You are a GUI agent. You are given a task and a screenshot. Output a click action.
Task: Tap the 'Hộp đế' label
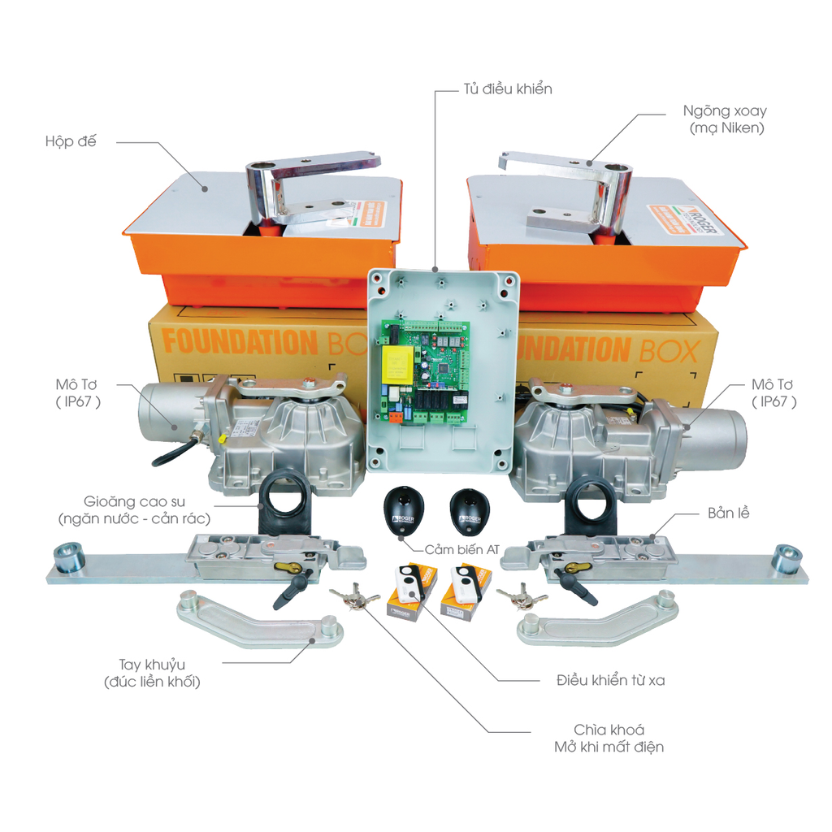[71, 141]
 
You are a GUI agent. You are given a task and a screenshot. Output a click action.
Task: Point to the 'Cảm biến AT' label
[461, 549]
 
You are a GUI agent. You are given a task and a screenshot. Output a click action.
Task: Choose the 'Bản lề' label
[727, 514]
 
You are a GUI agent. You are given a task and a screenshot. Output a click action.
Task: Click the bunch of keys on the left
[354, 599]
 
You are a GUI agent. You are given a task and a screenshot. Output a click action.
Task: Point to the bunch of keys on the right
[521, 599]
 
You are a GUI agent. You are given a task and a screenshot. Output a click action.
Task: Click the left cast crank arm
[260, 620]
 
